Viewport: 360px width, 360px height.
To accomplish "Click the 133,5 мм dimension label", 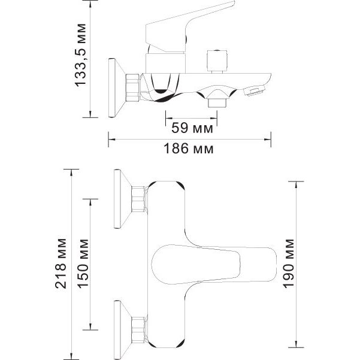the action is click(x=81, y=55).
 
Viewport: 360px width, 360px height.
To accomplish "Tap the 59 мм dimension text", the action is click(x=192, y=128).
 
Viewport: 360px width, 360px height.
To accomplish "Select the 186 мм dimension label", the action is click(x=189, y=149).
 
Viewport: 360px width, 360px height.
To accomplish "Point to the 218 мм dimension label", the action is click(x=61, y=264).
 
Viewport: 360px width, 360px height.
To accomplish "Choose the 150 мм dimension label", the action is click(x=83, y=264).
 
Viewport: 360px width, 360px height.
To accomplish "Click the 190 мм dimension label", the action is click(x=288, y=264).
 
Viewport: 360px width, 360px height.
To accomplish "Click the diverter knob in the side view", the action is click(x=217, y=61).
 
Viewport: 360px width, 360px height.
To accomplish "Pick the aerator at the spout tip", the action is click(x=254, y=90).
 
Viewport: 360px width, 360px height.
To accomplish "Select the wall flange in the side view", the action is click(x=117, y=88).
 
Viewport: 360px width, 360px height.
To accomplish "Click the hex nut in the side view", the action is click(x=132, y=87).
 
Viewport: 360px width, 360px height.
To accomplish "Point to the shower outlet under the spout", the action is click(x=217, y=102).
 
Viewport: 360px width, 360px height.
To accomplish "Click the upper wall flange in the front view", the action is click(x=123, y=199).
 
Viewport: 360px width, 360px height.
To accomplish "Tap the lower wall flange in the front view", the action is click(x=123, y=330).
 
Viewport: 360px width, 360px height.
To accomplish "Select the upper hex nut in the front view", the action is click(x=139, y=199).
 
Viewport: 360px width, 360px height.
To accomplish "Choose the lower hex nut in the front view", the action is click(x=139, y=330).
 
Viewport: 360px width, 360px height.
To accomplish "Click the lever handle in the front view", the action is click(x=214, y=264).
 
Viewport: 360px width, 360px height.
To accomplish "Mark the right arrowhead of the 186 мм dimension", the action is click(x=268, y=139).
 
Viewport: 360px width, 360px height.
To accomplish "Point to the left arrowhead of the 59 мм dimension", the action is click(x=169, y=118).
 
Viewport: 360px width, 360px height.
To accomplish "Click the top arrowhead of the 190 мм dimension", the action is click(x=296, y=185).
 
